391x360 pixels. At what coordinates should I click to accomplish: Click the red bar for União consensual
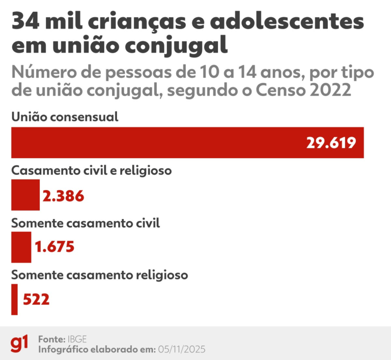click(x=153, y=142)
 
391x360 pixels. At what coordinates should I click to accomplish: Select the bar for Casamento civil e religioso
click(x=25, y=195)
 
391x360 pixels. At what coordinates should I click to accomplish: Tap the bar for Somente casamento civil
click(x=21, y=247)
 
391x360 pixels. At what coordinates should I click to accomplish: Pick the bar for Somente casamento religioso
click(x=14, y=299)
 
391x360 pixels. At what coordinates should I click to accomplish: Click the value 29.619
click(x=331, y=143)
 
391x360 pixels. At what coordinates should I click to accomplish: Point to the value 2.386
click(x=63, y=196)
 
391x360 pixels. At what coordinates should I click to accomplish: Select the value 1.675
click(x=54, y=248)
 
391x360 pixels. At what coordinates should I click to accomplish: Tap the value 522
click(x=36, y=299)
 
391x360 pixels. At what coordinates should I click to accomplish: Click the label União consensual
click(x=65, y=117)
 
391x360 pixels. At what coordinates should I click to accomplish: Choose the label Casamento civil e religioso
click(x=91, y=170)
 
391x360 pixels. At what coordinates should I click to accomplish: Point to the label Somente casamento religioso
click(x=100, y=275)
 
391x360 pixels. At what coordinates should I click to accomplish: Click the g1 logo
click(x=20, y=344)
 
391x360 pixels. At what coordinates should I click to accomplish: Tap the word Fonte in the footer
click(x=51, y=339)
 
